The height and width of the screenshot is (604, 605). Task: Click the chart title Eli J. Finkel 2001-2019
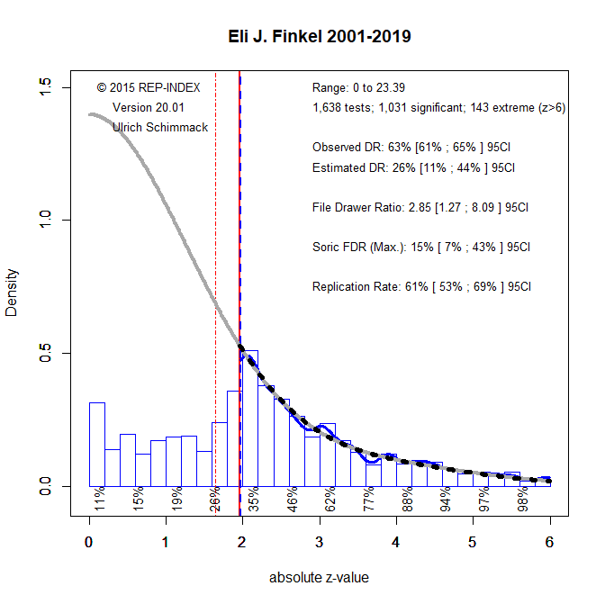[320, 37]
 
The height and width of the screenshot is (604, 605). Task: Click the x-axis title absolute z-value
[320, 577]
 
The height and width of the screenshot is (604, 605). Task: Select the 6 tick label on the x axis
[549, 542]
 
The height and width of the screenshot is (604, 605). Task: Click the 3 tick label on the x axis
[319, 542]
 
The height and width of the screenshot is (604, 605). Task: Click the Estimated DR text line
[413, 167]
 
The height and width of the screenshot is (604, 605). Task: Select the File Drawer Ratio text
[420, 207]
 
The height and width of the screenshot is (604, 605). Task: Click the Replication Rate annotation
[421, 287]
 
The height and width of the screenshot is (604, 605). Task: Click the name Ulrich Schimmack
[160, 127]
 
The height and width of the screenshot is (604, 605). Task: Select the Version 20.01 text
[148, 107]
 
